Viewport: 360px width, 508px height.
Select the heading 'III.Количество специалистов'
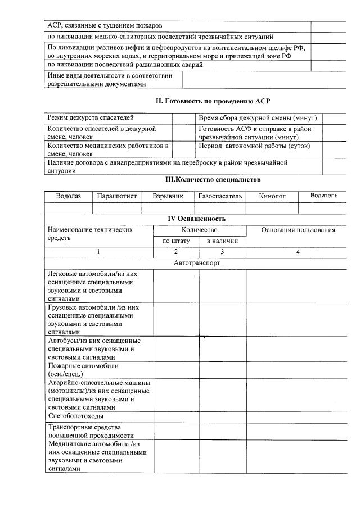point(213,180)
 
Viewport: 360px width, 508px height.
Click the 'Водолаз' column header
point(68,196)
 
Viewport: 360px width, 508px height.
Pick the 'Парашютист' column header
point(117,196)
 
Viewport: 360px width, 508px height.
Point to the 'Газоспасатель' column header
point(220,196)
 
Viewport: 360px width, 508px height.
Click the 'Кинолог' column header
point(272,196)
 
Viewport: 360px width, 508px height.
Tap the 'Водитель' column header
point(324,196)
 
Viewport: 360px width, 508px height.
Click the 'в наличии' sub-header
point(222,241)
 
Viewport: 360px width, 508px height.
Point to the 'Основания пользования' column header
point(298,230)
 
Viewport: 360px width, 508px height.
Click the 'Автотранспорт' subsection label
point(196,262)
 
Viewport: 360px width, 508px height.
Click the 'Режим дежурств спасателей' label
point(91,118)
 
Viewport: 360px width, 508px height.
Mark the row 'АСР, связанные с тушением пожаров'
point(105,26)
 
